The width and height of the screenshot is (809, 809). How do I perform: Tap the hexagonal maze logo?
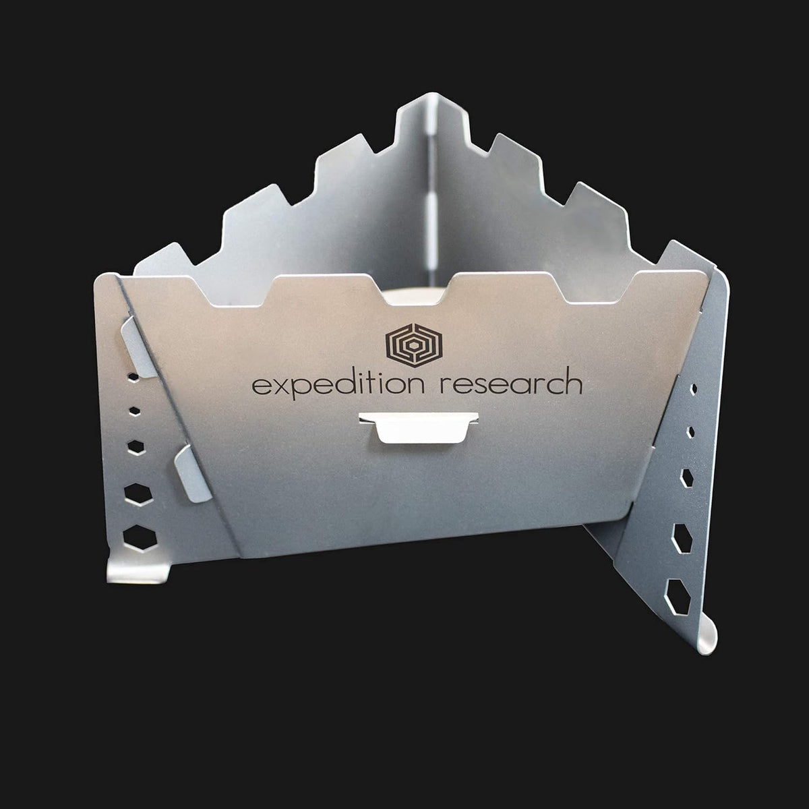414,346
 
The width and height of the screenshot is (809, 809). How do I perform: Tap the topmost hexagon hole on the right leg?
694,389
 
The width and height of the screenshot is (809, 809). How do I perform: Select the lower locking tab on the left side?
193,473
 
